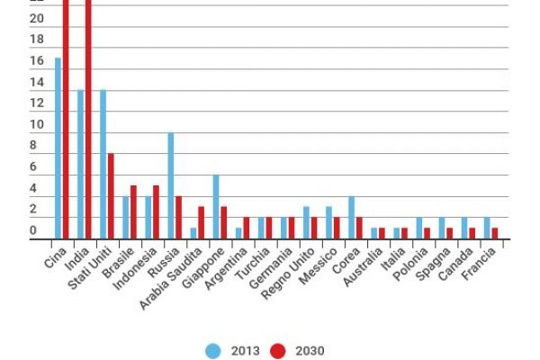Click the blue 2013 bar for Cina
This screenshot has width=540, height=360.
[58, 148]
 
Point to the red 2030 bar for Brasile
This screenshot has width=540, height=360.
[133, 212]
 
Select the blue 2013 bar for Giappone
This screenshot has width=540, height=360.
[216, 207]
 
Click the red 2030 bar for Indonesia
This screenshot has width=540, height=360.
[156, 212]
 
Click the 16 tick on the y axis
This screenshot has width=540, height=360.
[37, 61]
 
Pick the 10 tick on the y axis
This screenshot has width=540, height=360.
[37, 125]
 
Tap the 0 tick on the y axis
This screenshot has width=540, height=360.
[37, 231]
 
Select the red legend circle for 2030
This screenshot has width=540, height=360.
[279, 350]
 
